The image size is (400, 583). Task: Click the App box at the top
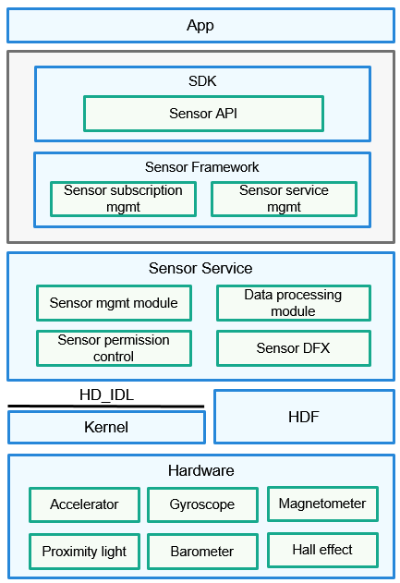tap(200, 26)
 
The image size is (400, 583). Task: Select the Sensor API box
tap(204, 114)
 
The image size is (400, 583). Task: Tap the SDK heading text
tap(202, 81)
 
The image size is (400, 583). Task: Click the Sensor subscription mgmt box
tap(123, 199)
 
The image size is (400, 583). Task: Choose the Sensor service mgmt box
tap(284, 199)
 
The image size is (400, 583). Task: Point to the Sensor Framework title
tap(202, 167)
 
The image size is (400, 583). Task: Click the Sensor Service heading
tap(200, 268)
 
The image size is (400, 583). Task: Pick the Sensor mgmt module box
tap(114, 303)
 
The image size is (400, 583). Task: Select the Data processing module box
tap(294, 303)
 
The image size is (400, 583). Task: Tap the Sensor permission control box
tap(114, 348)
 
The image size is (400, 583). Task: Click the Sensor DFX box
tap(294, 348)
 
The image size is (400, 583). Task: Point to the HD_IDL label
tap(106, 395)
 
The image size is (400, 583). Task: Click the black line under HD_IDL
tap(106, 407)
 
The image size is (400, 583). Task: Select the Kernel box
tap(106, 427)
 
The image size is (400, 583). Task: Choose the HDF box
tap(304, 417)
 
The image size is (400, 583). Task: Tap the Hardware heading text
tap(201, 470)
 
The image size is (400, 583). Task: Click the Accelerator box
tap(84, 504)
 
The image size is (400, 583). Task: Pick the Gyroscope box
tap(202, 504)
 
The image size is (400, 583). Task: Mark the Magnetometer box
tap(322, 504)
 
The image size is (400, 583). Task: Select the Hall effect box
tap(322, 550)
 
